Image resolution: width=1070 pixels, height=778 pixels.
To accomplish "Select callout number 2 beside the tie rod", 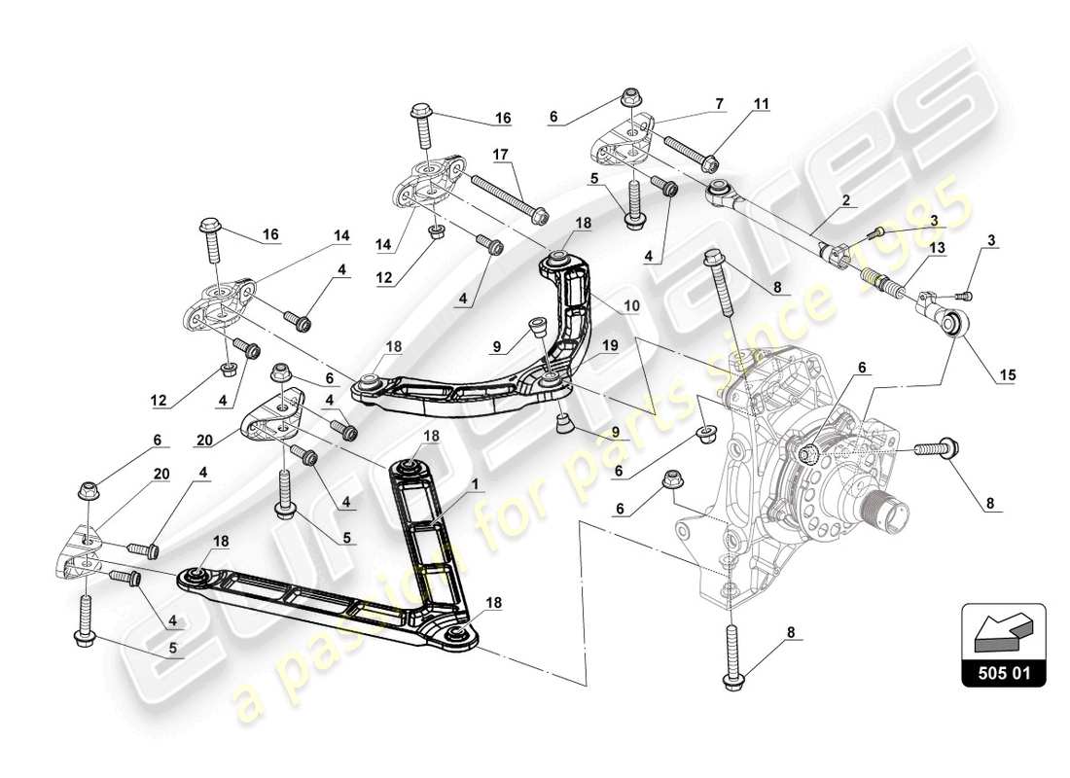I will click(x=845, y=200).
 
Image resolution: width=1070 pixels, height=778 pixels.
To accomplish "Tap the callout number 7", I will click(x=719, y=102).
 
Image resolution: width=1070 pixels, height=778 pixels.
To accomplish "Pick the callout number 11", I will click(x=761, y=102).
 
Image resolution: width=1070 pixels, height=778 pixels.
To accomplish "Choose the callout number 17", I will click(x=500, y=154).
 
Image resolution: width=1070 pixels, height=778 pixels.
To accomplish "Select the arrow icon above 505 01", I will click(x=1003, y=632).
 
